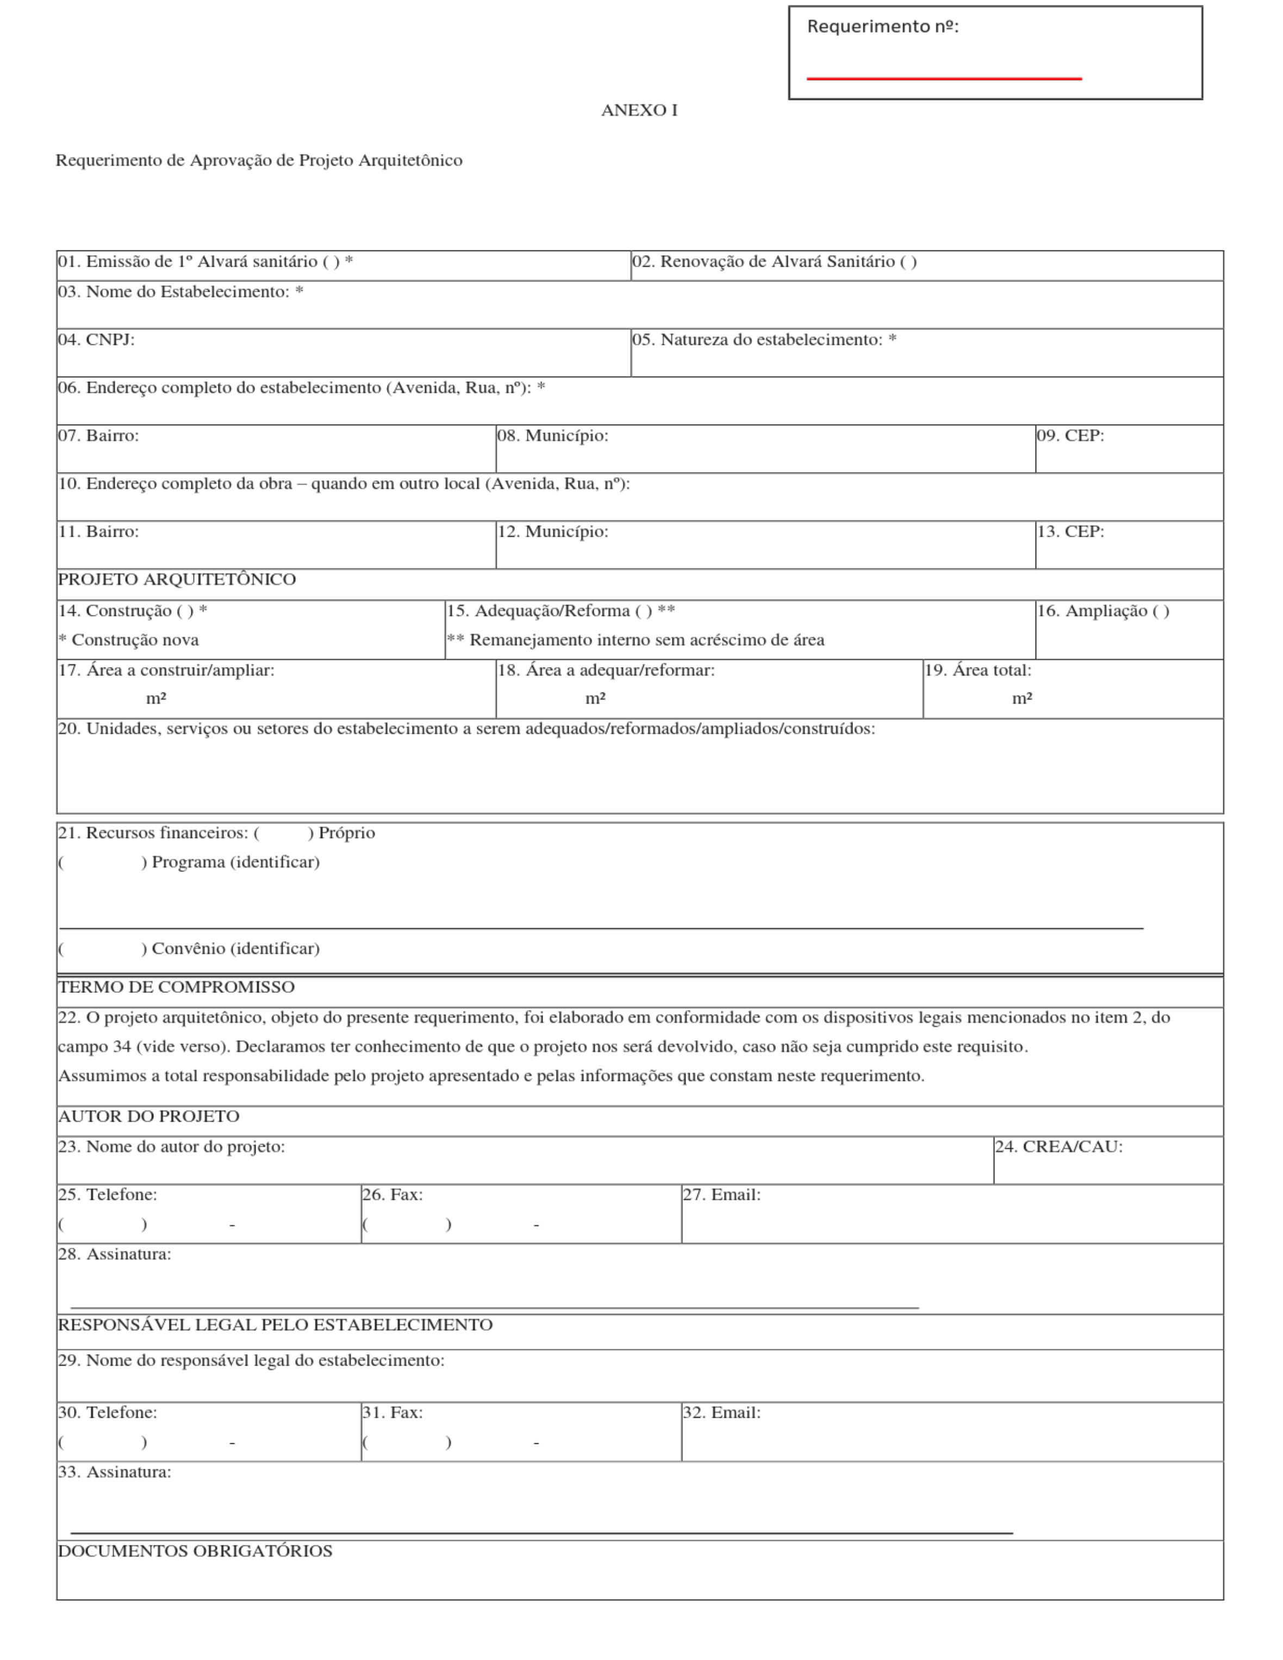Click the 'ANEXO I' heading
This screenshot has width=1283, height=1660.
coord(639,110)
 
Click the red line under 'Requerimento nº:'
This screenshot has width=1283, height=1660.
coord(943,78)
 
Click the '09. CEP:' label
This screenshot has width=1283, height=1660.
coord(1069,436)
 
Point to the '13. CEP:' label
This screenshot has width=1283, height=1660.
coord(1069,531)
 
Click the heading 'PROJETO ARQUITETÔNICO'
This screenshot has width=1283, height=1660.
coord(177,579)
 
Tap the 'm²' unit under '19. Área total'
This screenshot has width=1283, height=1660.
coord(1022,699)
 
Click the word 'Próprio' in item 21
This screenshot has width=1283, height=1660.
coord(346,833)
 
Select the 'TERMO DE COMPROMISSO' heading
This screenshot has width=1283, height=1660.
coord(176,986)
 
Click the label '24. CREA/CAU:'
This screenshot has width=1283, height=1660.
coord(1058,1146)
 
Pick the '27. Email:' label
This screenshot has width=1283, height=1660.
coord(721,1194)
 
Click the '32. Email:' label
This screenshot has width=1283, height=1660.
coord(721,1412)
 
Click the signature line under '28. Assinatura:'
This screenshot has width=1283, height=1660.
coord(494,1307)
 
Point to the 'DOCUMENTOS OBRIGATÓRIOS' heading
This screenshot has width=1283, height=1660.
coord(195,1551)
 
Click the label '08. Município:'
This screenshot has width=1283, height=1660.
coord(552,436)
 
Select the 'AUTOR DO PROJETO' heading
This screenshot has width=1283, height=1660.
coord(148,1116)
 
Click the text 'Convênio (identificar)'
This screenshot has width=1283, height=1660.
coord(235,948)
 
